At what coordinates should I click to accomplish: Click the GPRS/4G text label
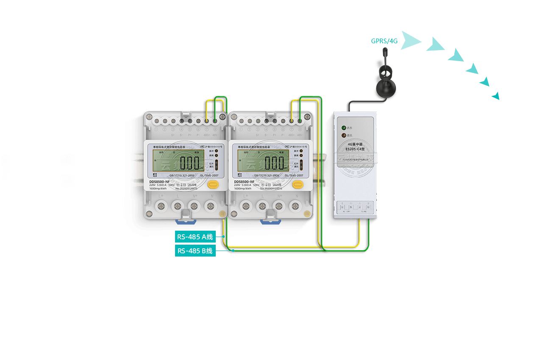click(x=384, y=41)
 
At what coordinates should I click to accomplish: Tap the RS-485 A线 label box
click(x=195, y=237)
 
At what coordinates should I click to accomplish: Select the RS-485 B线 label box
click(x=195, y=251)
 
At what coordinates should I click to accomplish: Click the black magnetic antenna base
click(x=386, y=88)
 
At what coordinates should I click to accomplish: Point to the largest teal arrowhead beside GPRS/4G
click(x=410, y=40)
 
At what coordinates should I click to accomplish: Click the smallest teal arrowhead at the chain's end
click(x=495, y=96)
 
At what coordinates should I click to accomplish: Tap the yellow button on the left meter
click(x=213, y=184)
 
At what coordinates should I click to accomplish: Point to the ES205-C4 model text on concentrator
click(x=354, y=149)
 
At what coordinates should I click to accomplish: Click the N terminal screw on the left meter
click(x=210, y=206)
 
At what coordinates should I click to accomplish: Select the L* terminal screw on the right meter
click(x=245, y=206)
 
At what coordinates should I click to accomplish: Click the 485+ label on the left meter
click(x=206, y=135)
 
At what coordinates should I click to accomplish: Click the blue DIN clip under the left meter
click(x=186, y=220)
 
